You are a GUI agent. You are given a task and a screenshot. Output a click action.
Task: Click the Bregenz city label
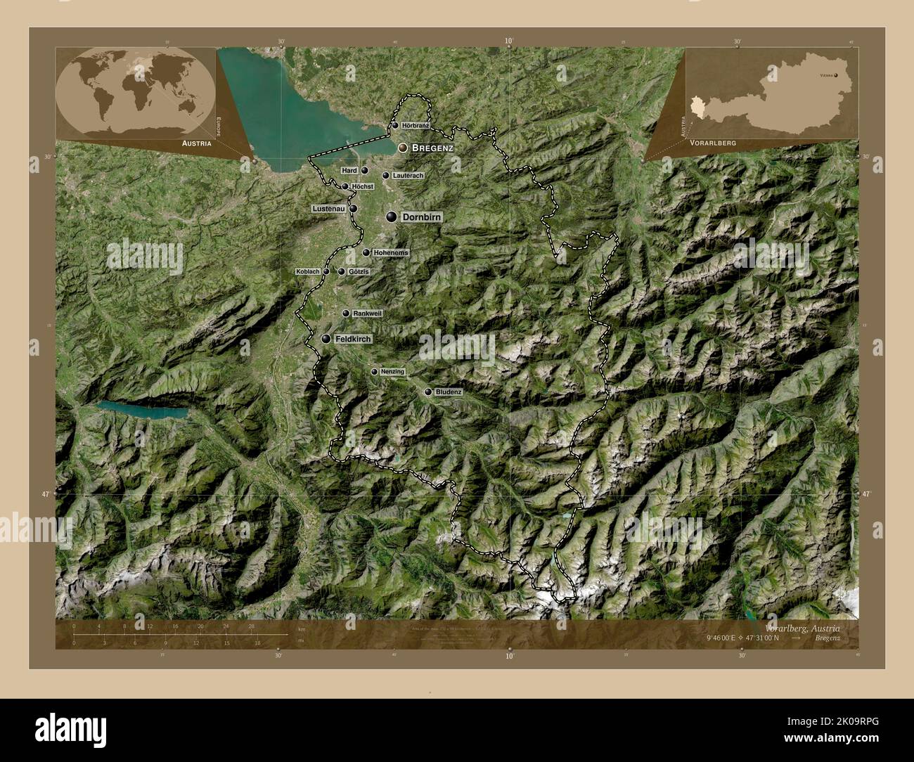click(x=432, y=148)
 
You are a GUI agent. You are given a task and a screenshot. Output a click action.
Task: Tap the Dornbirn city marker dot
click(x=390, y=218)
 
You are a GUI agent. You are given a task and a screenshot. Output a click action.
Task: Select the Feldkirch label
click(x=353, y=339)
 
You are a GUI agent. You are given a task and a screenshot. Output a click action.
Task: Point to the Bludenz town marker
click(x=428, y=392)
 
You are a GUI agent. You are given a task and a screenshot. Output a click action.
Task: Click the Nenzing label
click(x=392, y=371)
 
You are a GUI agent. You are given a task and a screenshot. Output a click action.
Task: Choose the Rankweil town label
click(x=367, y=314)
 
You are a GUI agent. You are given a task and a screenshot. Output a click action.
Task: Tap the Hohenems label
click(x=391, y=252)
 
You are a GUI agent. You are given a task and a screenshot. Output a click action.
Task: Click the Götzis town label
click(x=359, y=271)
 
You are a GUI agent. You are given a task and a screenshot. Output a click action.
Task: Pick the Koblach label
click(x=309, y=271)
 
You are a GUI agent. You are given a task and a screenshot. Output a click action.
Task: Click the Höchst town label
click(x=363, y=186)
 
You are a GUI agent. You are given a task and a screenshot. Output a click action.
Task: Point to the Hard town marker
click(x=364, y=170)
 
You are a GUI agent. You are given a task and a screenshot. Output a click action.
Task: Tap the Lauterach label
click(x=408, y=175)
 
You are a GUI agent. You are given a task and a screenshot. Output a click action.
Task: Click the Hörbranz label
click(x=416, y=125)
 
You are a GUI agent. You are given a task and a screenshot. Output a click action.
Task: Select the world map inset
click(x=135, y=93)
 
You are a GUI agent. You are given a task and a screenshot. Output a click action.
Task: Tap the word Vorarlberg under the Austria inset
click(x=713, y=142)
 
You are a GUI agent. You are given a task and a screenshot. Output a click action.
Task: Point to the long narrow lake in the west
click(x=143, y=410)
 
